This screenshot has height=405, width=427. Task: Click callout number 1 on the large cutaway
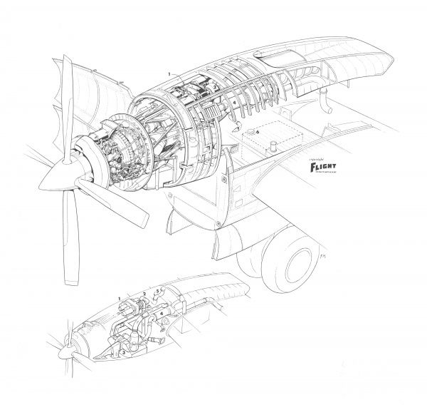(x=169, y=74)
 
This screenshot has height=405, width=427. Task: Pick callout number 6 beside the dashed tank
(x=257, y=132)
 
